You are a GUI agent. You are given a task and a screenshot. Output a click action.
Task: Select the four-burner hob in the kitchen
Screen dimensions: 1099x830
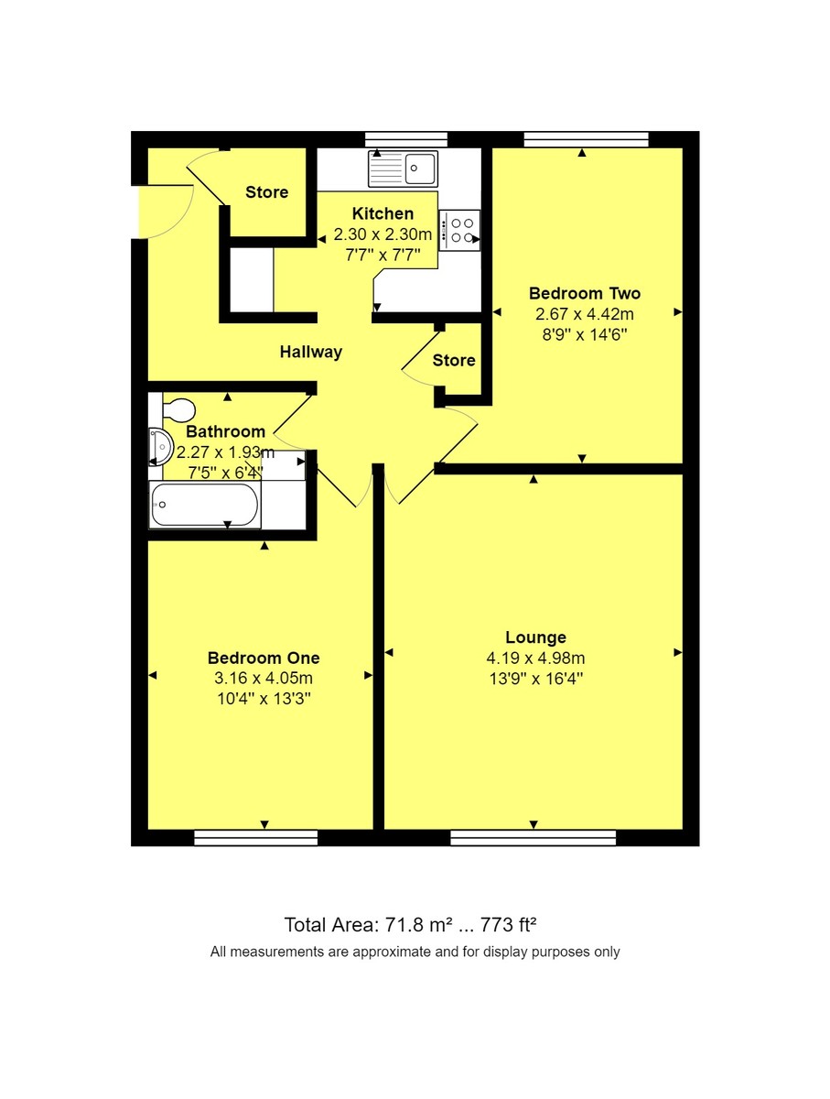[x=460, y=230]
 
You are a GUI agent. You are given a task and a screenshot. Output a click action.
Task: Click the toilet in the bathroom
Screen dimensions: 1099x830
[x=177, y=408]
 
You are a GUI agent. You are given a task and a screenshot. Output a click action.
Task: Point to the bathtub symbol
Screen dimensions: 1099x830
[x=205, y=506]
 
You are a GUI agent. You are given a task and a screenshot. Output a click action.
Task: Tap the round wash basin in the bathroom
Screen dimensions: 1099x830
[x=160, y=447]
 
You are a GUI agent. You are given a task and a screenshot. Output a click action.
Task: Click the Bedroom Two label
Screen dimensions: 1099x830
[x=584, y=294]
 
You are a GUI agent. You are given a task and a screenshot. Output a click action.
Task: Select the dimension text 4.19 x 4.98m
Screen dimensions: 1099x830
[x=536, y=658]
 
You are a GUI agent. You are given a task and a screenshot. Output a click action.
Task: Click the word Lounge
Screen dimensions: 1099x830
[x=536, y=637]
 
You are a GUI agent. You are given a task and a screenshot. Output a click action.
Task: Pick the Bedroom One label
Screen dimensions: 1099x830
[x=264, y=658]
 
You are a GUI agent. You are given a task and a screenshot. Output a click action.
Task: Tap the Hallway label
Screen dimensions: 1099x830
[x=311, y=352]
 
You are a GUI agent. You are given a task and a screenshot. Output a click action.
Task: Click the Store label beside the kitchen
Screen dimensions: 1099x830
[x=266, y=192]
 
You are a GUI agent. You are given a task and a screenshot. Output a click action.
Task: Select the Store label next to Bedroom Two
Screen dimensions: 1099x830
[x=454, y=360]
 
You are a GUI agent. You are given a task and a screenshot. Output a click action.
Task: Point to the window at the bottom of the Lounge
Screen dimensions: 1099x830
[x=534, y=837]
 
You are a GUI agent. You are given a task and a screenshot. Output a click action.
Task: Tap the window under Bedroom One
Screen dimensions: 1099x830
[x=256, y=837]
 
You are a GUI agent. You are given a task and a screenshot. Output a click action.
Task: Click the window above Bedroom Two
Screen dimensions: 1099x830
[x=586, y=139]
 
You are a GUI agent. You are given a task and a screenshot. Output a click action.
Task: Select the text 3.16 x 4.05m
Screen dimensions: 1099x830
[x=264, y=679]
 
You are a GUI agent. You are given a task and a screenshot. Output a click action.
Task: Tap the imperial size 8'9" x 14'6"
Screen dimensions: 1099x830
[x=584, y=334]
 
